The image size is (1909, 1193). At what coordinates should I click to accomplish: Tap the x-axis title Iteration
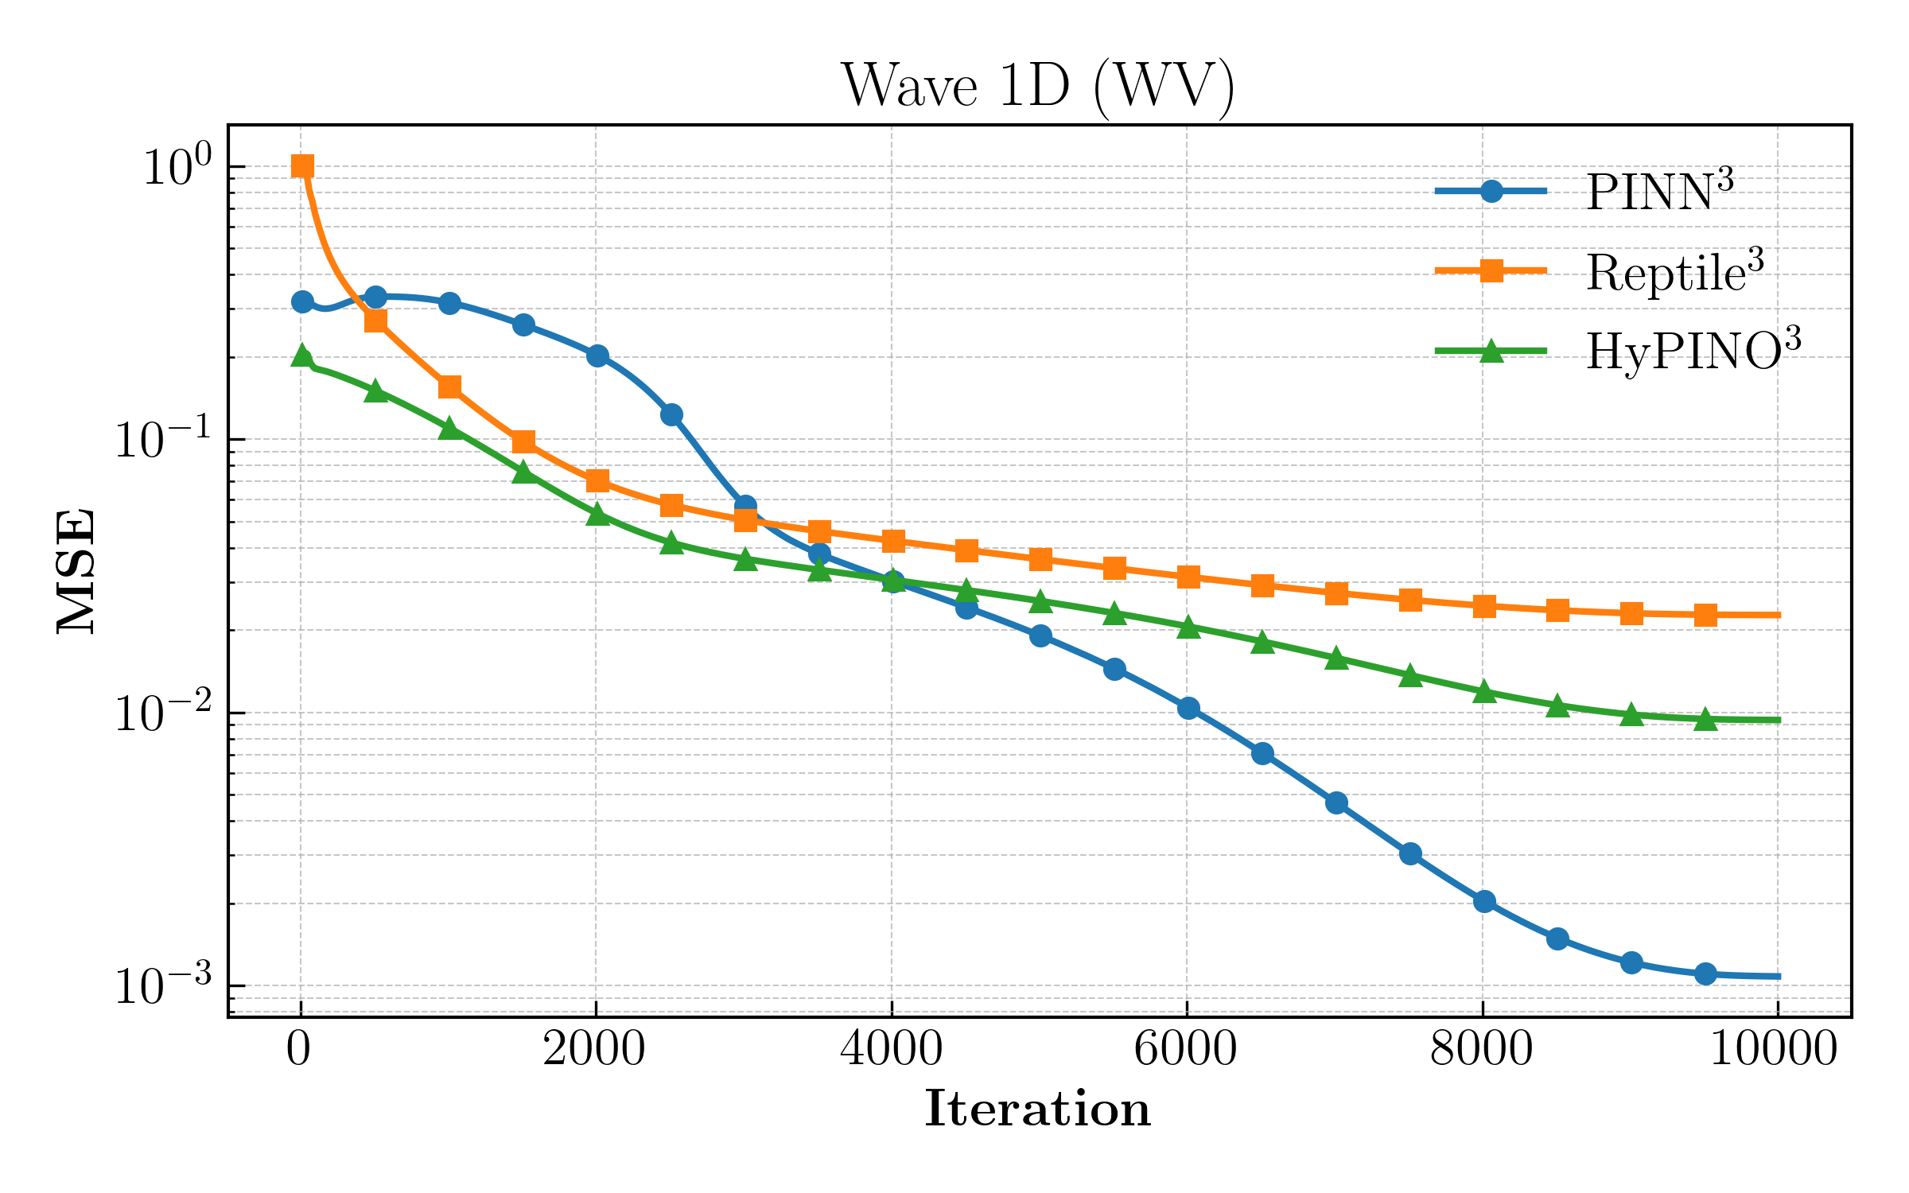(x=1038, y=1109)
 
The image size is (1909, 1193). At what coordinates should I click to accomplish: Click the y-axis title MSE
(x=77, y=571)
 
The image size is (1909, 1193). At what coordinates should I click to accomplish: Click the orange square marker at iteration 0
(x=302, y=166)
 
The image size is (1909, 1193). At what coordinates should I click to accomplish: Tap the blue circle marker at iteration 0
(x=302, y=301)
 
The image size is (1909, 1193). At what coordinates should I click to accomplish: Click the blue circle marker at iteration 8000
(x=1484, y=902)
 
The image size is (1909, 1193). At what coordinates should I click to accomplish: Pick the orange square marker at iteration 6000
(x=1188, y=577)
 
